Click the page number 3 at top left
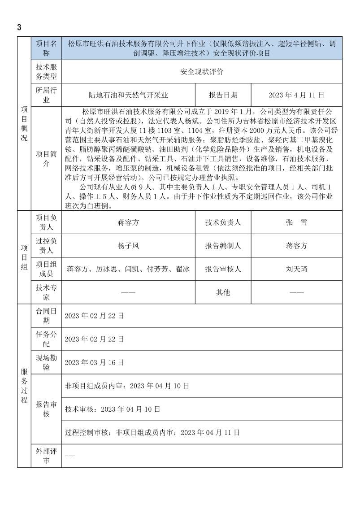click(19, 27)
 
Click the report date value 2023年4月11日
click(296, 95)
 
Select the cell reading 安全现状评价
click(202, 72)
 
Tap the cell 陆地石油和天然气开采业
click(128, 95)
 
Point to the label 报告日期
click(223, 95)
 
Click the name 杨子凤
click(128, 246)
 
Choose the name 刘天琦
click(297, 269)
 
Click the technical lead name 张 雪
click(297, 222)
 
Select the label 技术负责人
click(223, 222)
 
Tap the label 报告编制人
click(223, 246)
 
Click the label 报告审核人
click(223, 269)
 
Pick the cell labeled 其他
click(223, 292)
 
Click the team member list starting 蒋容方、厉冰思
click(128, 269)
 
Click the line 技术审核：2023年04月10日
click(113, 409)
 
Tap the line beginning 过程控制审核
click(152, 433)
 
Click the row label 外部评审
click(46, 456)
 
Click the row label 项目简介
click(46, 159)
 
